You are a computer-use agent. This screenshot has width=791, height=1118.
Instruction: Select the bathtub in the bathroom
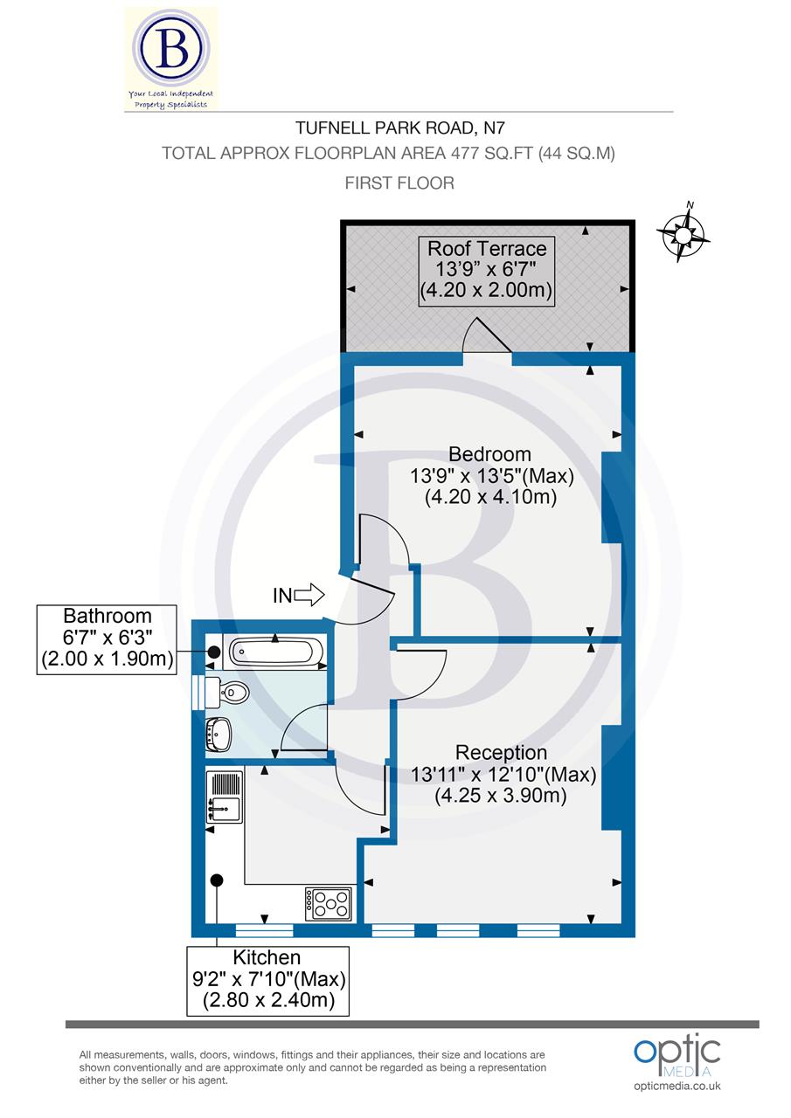coord(275,652)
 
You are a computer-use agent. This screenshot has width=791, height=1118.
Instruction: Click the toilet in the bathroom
coord(232,694)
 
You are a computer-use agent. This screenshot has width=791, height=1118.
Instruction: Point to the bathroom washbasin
coord(219,734)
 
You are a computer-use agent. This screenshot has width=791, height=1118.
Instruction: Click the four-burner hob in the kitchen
coord(328,902)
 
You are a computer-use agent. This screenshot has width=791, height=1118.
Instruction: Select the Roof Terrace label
coord(487,248)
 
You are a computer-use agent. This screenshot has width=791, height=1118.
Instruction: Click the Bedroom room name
coord(489,454)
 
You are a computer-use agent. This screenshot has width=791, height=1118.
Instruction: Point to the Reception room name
coord(502,753)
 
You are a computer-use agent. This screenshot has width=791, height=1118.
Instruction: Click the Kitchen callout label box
coord(268,980)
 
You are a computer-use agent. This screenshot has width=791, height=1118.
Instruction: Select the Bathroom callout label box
coord(106,639)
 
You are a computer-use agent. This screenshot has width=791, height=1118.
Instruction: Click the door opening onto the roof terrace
coord(486,338)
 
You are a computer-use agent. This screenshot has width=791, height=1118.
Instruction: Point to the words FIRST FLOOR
coord(399,183)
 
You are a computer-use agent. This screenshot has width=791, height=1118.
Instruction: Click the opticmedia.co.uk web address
coord(677,1086)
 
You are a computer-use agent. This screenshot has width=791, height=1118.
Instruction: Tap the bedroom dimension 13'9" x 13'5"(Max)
coord(490,477)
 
